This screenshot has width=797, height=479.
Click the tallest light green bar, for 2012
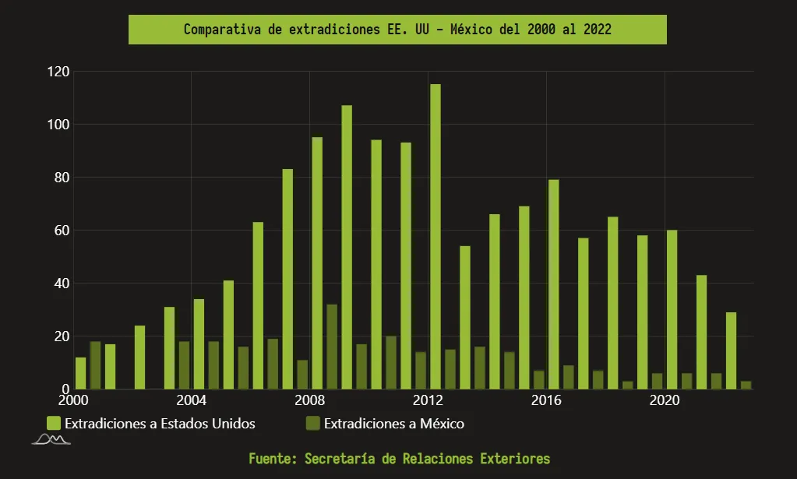coord(436,237)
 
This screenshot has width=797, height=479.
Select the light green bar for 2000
coord(81,373)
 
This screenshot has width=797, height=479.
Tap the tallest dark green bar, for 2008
coord(332,347)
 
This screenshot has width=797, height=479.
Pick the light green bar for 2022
coord(731,350)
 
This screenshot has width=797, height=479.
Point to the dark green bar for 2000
coord(95,365)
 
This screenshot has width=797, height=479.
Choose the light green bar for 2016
coord(553,284)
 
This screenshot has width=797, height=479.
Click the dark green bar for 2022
coord(746,385)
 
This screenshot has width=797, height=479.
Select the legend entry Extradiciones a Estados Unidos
coord(160,424)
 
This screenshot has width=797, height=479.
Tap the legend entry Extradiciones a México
coord(393,424)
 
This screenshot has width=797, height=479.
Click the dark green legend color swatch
coord(312,424)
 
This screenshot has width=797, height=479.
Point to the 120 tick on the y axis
coord(59,72)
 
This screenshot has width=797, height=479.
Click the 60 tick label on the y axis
coord(62,231)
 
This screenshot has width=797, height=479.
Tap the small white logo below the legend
coord(51,442)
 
